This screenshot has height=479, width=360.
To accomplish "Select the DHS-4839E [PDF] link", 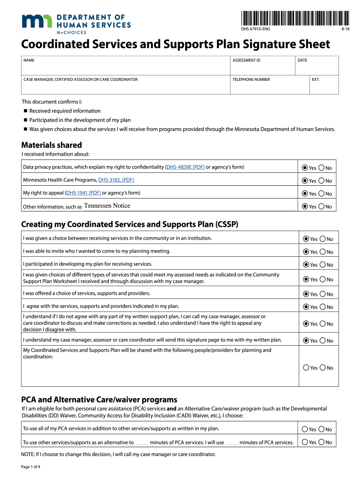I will [x=186, y=167].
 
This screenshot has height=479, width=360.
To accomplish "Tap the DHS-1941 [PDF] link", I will [x=83, y=193].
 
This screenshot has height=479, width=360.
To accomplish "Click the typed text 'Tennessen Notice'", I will [x=107, y=206].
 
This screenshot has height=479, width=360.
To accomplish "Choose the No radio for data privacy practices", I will [x=322, y=168].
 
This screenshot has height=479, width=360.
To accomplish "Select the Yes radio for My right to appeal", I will [x=305, y=194].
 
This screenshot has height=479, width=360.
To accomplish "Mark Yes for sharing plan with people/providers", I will [x=306, y=368].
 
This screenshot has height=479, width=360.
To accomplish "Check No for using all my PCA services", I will [x=322, y=429].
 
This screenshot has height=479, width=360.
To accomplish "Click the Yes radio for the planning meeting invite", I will [x=306, y=252].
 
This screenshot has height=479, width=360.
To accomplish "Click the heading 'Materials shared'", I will [x=51, y=145].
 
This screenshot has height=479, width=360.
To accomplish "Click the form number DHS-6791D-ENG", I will [x=255, y=29].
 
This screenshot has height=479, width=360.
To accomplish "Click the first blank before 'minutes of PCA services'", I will [x=142, y=443].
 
